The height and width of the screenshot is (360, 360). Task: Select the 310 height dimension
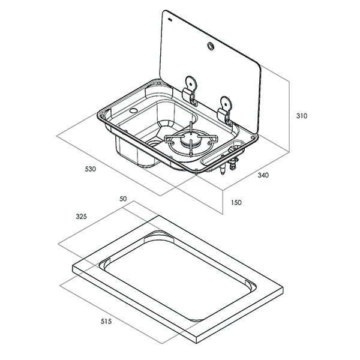[301, 116]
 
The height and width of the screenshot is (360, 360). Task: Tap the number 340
[263, 175]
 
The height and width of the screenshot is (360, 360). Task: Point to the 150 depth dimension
[236, 203]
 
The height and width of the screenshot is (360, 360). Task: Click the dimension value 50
[124, 198]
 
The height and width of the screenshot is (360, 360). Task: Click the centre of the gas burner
[191, 142]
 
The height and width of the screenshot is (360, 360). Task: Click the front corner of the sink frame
[199, 174]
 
